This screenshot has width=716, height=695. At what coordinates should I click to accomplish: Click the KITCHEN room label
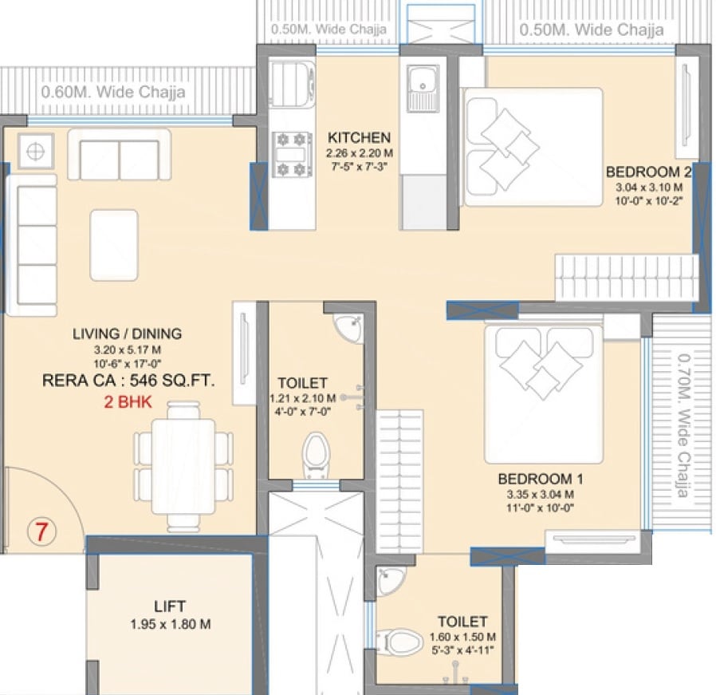click(x=359, y=137)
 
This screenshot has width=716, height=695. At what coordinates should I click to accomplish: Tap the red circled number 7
click(x=41, y=531)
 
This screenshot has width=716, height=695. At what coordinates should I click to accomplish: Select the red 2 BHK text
click(x=128, y=401)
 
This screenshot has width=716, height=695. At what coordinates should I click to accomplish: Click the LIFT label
click(x=169, y=606)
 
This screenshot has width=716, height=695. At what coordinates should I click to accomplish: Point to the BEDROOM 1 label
click(x=541, y=479)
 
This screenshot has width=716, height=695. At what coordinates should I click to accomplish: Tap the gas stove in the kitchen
click(x=291, y=155)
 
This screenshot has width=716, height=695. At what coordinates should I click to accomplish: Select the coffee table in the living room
click(x=114, y=244)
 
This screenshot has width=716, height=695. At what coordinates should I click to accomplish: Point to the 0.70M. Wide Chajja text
click(x=683, y=425)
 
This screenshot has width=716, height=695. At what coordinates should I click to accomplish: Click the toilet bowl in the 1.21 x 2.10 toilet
click(x=316, y=454)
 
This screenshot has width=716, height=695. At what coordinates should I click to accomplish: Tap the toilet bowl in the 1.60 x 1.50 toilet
click(x=399, y=639)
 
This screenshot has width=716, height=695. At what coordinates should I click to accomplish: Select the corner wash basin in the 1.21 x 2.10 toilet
click(x=348, y=326)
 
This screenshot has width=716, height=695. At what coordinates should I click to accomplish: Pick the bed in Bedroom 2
click(x=533, y=147)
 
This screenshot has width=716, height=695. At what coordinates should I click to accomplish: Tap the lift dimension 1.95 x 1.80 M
click(x=169, y=625)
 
